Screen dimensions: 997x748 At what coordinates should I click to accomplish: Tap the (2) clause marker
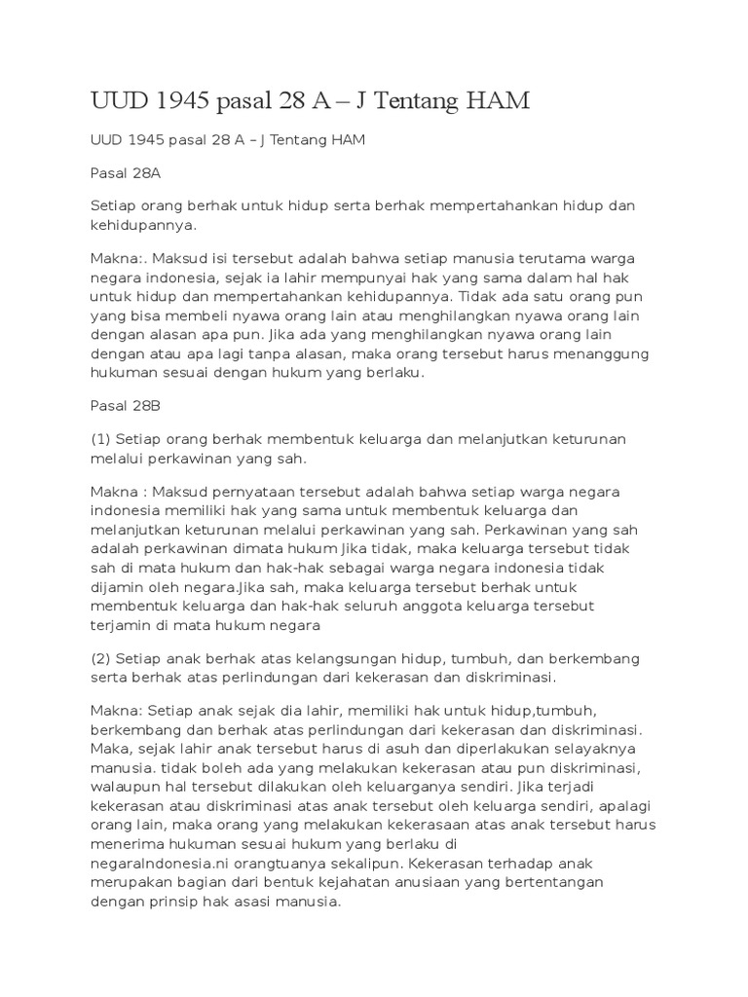(x=100, y=658)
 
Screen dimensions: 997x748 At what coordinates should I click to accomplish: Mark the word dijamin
(x=119, y=588)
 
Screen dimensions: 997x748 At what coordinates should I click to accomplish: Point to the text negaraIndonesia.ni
(x=164, y=864)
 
